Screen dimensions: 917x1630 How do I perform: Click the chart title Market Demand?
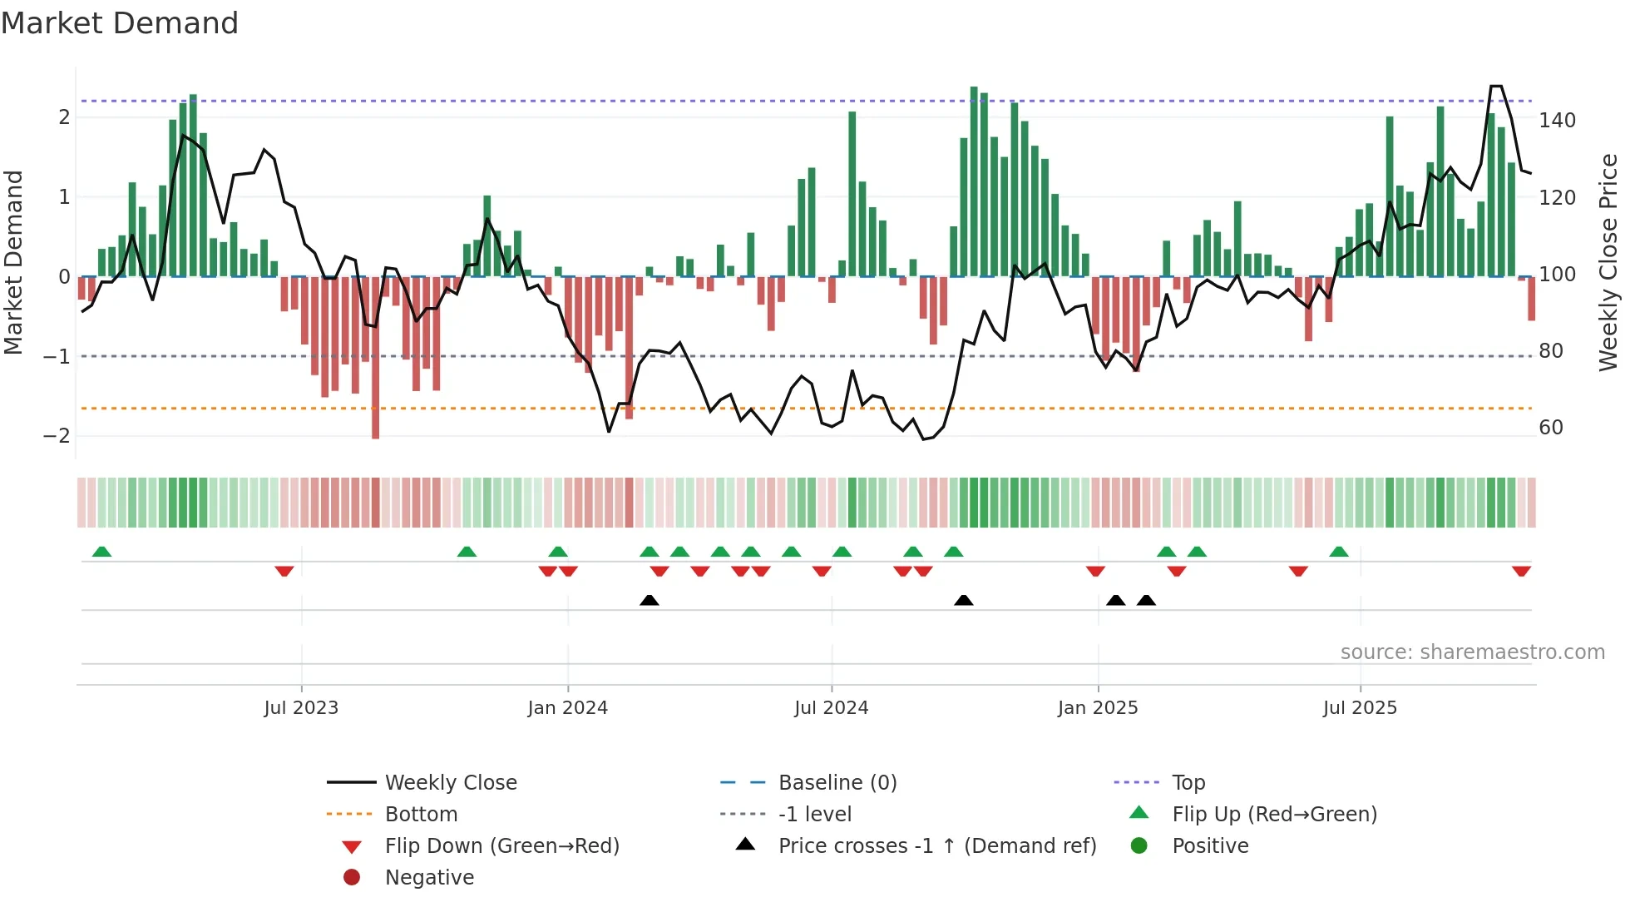click(120, 23)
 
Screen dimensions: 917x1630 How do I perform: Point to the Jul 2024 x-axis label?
click(831, 708)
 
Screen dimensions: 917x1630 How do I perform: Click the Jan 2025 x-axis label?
click(1097, 708)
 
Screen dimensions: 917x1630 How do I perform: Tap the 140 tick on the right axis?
click(1556, 121)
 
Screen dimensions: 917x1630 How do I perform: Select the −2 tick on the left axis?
click(57, 436)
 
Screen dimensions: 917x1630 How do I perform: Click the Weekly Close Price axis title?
click(1608, 262)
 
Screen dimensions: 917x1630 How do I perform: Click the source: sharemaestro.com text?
click(1472, 652)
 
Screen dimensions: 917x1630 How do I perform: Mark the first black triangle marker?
click(650, 600)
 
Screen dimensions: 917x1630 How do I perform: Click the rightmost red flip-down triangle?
click(1521, 571)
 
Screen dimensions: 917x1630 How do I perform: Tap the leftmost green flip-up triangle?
click(101, 552)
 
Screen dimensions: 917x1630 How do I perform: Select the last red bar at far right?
click(1531, 299)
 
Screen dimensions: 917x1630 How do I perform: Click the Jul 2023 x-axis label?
click(301, 708)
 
